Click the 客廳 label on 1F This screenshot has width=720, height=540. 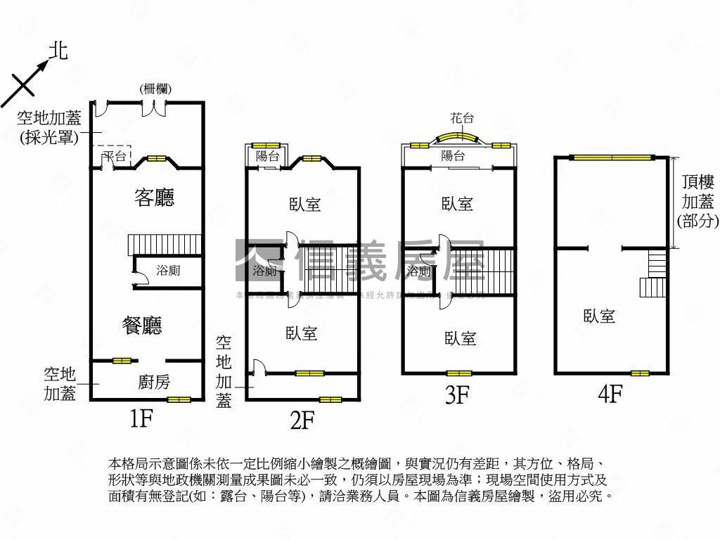(154, 198)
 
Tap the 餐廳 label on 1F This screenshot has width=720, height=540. (142, 325)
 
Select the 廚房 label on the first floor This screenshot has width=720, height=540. (154, 382)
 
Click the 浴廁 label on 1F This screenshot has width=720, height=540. (168, 270)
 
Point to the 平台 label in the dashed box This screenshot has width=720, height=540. (113, 156)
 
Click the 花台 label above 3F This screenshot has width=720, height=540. (462, 119)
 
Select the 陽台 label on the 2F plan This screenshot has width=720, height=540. (267, 157)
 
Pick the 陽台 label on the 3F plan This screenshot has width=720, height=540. (453, 156)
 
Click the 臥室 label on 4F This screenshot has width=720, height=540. (599, 316)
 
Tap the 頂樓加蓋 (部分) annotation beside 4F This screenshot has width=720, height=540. (697, 202)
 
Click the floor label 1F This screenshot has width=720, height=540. (141, 419)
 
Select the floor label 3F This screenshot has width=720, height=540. (457, 395)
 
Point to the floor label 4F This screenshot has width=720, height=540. (610, 394)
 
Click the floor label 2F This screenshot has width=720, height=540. (302, 420)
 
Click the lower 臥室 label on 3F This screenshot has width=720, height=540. (461, 339)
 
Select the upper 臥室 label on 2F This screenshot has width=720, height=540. (304, 204)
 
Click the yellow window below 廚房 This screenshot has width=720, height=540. (179, 399)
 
